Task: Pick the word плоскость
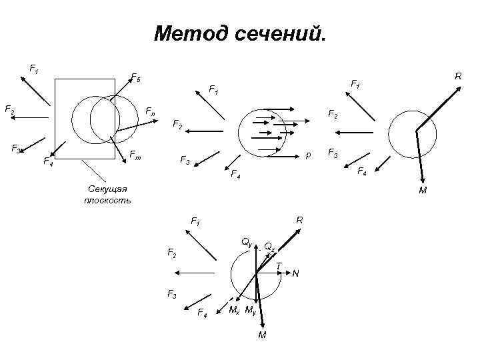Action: [x=107, y=200]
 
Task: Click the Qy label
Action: [x=246, y=243]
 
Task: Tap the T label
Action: [x=279, y=266]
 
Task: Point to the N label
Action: [x=295, y=273]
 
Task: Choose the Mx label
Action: [x=234, y=310]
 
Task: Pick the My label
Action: [x=251, y=310]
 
